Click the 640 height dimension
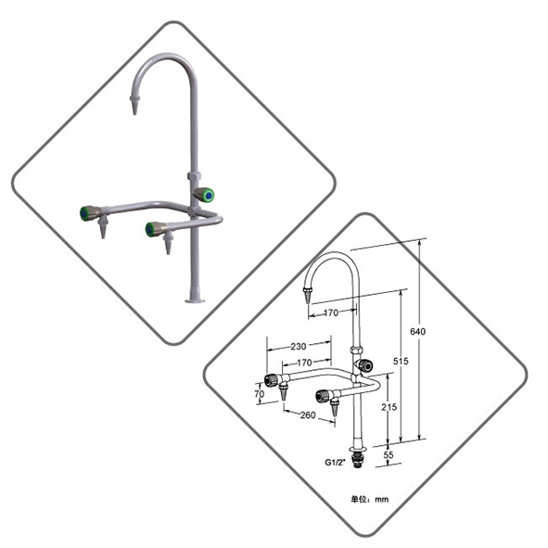[x=417, y=331]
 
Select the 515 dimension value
[x=401, y=361]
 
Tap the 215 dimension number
[x=389, y=407]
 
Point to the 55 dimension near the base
[x=389, y=454]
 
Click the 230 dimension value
[x=299, y=347]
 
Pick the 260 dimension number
[x=308, y=415]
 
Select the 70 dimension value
[x=260, y=394]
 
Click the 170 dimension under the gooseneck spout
[x=331, y=312]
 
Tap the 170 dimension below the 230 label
[x=304, y=363]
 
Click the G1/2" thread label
[x=335, y=463]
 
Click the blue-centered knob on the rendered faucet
[x=204, y=195]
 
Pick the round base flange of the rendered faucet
[x=195, y=299]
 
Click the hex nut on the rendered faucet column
[x=193, y=176]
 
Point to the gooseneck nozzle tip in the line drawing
[x=307, y=296]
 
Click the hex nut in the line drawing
[x=356, y=350]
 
